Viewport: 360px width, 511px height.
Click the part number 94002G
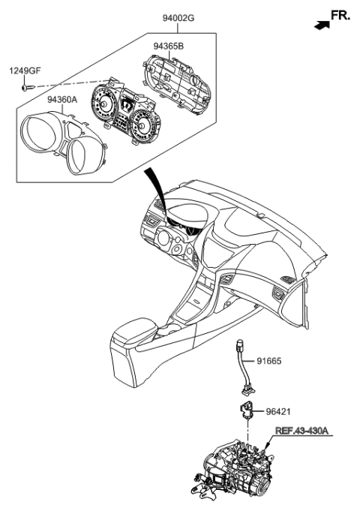(178, 17)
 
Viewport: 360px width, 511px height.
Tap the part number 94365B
(169, 45)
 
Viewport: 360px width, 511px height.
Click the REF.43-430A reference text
(301, 431)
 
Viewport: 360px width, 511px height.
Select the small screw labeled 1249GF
(27, 87)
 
